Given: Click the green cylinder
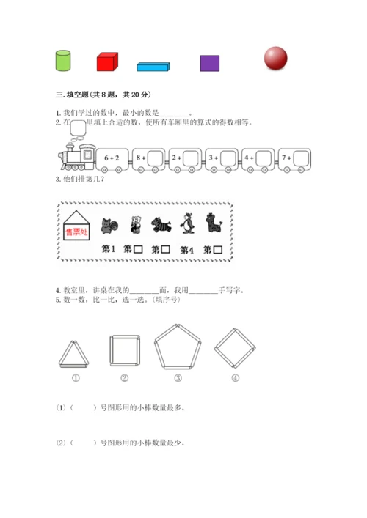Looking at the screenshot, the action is pyautogui.click(x=63, y=61).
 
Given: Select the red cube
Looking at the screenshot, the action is pyautogui.click(x=107, y=62).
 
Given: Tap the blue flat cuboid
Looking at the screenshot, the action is pyautogui.click(x=153, y=67).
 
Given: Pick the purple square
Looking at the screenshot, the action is pyautogui.click(x=209, y=63).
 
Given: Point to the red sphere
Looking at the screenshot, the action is pyautogui.click(x=275, y=58).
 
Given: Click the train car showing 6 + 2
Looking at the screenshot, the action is pyautogui.click(x=112, y=160).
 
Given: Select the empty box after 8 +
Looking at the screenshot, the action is pyautogui.click(x=155, y=158).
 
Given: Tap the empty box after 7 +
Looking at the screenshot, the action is pyautogui.click(x=301, y=158).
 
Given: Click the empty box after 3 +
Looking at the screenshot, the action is pyautogui.click(x=228, y=158).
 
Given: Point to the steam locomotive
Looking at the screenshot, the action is pyautogui.click(x=77, y=157).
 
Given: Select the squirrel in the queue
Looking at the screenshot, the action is pyautogui.click(x=109, y=226).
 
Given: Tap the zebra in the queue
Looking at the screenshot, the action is pyautogui.click(x=161, y=225).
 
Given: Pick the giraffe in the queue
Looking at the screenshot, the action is pyautogui.click(x=213, y=223).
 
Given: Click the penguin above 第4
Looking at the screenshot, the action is pyautogui.click(x=188, y=223).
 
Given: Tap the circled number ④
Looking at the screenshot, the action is pyautogui.click(x=236, y=378).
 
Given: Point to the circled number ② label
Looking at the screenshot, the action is pyautogui.click(x=125, y=378).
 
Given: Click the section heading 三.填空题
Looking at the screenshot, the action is pyautogui.click(x=72, y=95).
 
